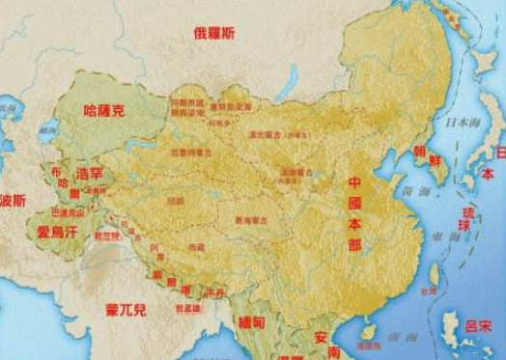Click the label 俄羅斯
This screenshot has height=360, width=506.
pos(213,34)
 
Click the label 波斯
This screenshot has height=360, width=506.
pos(12,202)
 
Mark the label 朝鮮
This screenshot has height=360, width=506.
pos(428,157)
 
